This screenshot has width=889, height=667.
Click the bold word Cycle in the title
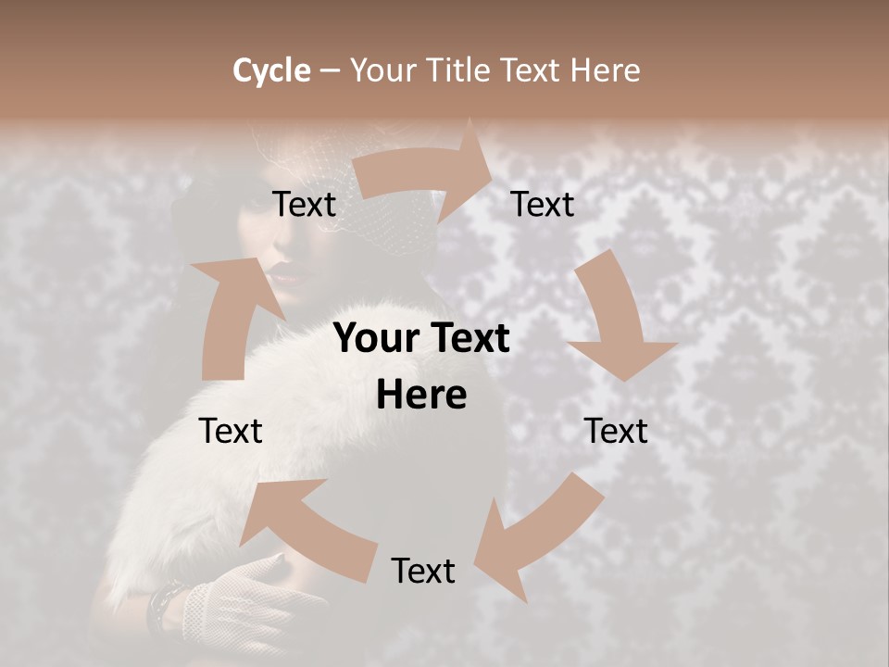271,70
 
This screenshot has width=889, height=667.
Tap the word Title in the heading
459,70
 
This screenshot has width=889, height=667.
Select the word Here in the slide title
605,70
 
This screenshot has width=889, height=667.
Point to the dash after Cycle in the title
330,71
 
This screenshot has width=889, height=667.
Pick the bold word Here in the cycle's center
421,396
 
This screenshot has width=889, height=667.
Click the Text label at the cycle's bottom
423,571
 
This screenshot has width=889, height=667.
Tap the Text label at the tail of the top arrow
305,205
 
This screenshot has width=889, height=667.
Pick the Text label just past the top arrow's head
543,205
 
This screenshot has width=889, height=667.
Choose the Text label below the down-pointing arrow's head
616,431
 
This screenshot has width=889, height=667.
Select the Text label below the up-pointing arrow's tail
231,431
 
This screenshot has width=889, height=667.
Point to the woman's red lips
284,275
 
